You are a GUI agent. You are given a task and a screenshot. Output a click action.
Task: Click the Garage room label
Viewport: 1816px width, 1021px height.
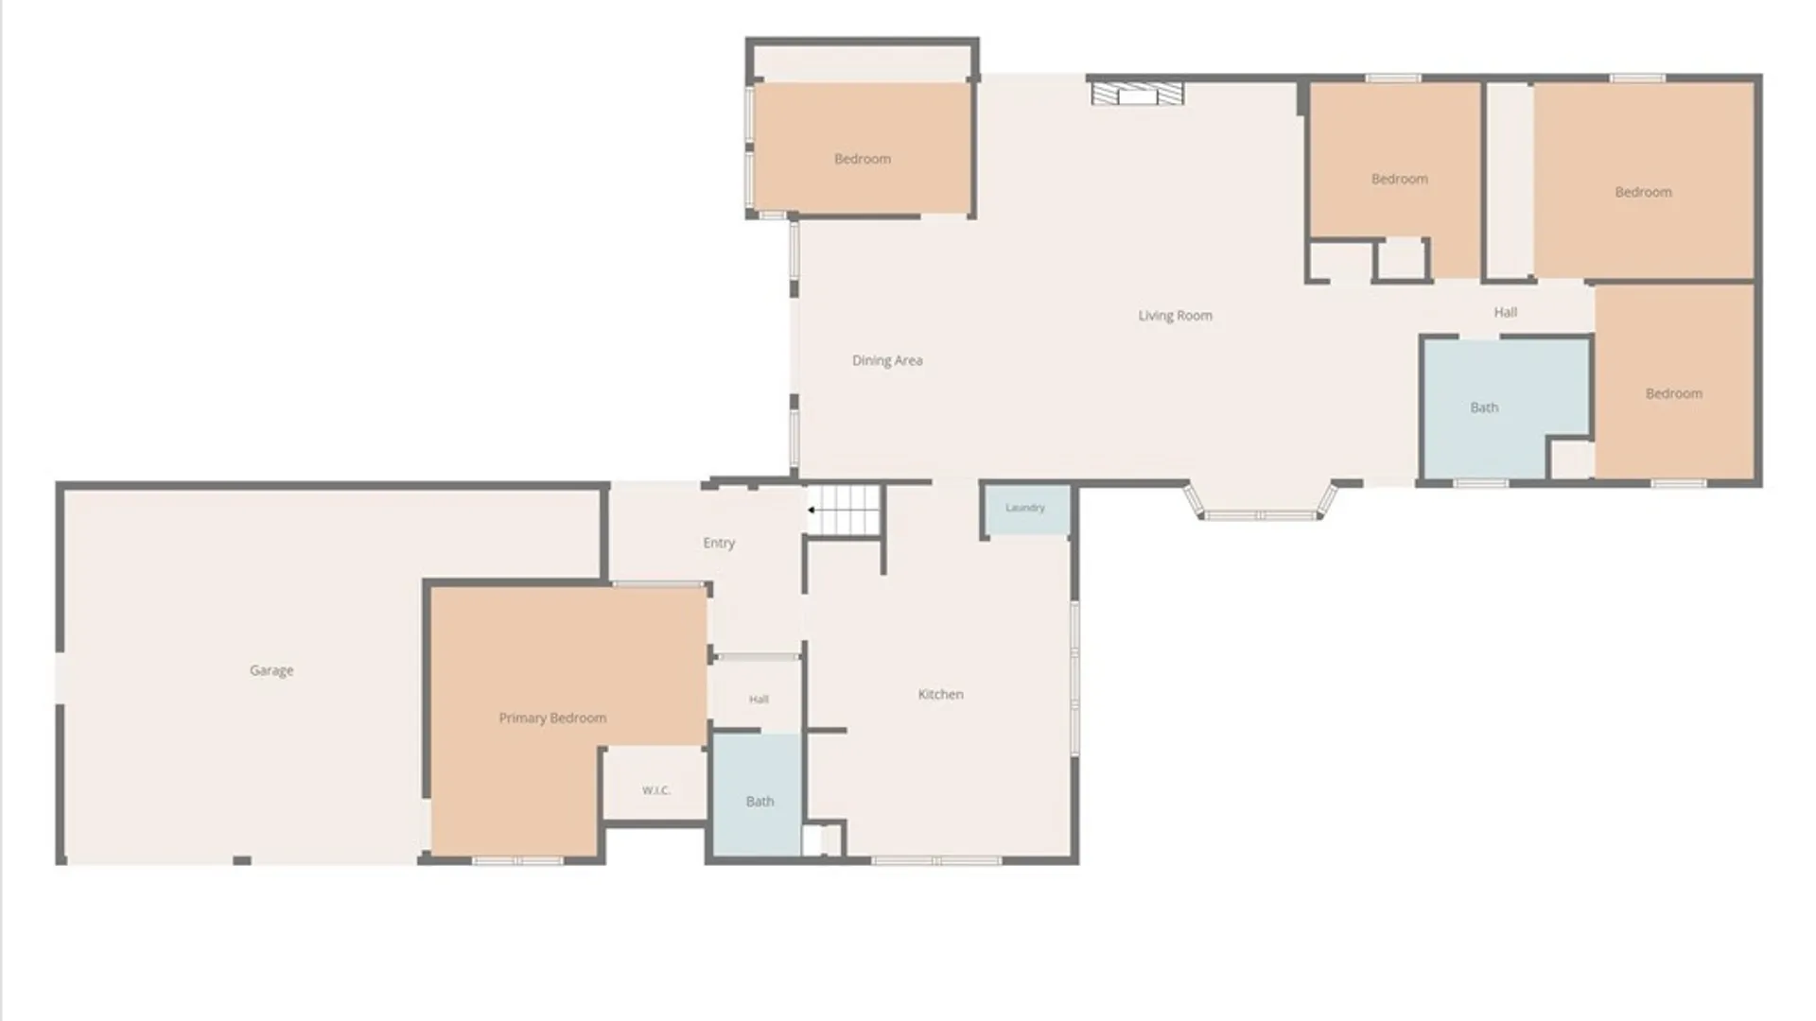pos(271,670)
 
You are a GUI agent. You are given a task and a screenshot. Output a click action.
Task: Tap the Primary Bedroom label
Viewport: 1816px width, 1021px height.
pos(552,718)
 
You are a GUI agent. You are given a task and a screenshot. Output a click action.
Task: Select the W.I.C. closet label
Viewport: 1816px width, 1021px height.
pos(656,790)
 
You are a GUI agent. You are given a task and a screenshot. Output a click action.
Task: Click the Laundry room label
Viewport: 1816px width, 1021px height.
pos(1025,508)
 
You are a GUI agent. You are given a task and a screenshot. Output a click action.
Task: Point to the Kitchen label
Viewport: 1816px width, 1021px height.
pos(941,694)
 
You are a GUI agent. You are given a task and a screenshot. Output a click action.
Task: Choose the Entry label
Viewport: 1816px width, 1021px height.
pos(719,543)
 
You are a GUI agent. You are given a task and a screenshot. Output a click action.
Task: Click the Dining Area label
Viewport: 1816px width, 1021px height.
pos(887,360)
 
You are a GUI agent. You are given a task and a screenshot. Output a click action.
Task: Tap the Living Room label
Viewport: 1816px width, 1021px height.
pos(1176,316)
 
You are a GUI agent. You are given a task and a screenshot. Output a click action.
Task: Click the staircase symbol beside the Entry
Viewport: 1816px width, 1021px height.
pos(845,510)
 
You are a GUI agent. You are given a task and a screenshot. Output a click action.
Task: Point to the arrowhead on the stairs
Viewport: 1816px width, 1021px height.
pos(812,510)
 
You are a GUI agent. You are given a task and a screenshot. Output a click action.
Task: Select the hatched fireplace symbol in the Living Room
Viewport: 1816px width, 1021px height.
pos(1137,93)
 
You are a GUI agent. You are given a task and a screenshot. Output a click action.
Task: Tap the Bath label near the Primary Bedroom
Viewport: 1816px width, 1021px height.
pos(760,802)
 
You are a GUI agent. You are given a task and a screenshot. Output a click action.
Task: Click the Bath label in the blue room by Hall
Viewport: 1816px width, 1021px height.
pos(1484,407)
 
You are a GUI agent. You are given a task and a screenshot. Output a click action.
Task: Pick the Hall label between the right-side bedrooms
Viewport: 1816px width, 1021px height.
pos(1506,312)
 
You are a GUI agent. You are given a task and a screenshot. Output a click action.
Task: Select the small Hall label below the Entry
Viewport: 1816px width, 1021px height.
pos(759,700)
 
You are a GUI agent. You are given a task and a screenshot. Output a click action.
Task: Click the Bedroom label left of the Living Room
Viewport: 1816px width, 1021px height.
pos(863,159)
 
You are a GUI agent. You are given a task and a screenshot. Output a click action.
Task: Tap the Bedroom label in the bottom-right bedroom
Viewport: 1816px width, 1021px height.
pos(1674,393)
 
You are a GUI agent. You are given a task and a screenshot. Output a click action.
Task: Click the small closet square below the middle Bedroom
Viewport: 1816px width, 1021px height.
pos(1401,259)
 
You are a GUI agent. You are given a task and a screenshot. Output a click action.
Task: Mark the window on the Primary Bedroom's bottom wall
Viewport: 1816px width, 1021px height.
pos(517,860)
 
